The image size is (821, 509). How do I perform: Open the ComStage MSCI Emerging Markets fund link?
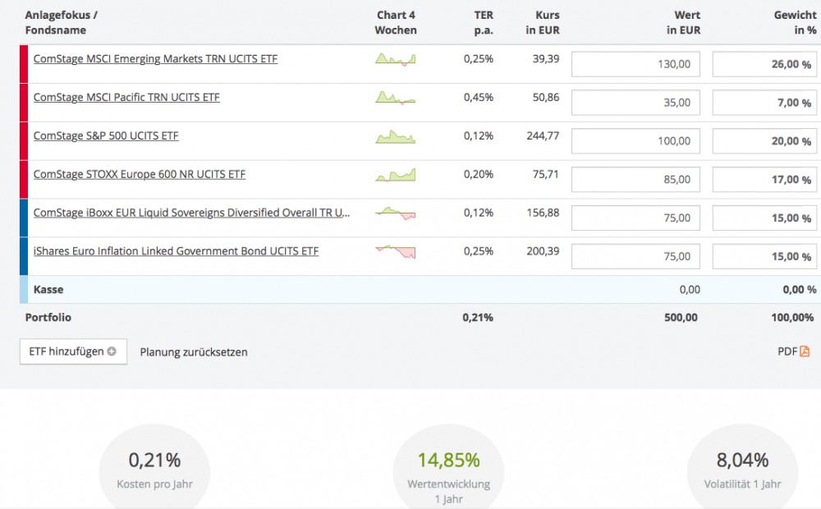[155, 59]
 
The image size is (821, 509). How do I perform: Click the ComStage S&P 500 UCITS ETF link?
[106, 136]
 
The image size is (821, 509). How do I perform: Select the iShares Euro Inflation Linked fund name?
[176, 251]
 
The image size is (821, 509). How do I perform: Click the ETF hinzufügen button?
[73, 351]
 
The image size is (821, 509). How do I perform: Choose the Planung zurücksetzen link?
[194, 352]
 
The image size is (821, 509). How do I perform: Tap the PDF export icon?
[804, 351]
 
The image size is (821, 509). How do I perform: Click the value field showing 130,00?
[635, 64]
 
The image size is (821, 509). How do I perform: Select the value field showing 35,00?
[635, 103]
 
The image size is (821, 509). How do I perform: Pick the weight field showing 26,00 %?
[764, 64]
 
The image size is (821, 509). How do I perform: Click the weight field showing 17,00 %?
[764, 179]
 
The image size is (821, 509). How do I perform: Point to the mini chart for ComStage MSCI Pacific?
[396, 98]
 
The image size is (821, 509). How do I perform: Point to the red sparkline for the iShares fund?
[396, 252]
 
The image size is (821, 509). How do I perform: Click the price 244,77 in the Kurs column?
[543, 136]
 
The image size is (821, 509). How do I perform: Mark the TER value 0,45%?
[478, 98]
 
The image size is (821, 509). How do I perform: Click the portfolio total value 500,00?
[681, 317]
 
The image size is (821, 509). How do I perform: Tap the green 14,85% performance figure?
[448, 460]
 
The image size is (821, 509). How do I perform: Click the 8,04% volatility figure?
[741, 460]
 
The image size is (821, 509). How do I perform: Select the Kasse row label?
[48, 290]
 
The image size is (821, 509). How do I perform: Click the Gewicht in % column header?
[795, 23]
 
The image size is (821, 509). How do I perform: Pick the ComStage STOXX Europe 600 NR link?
[140, 174]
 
